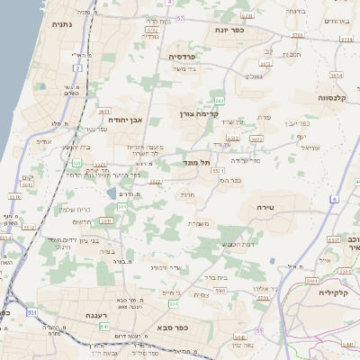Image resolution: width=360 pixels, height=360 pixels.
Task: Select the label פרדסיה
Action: (x=188, y=56)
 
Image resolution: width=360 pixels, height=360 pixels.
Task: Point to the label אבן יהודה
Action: (x=125, y=119)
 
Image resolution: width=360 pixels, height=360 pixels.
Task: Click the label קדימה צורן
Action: (x=196, y=113)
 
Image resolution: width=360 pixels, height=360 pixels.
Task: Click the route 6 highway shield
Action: (x=332, y=198)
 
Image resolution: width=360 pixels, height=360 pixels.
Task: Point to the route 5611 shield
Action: (x=105, y=220)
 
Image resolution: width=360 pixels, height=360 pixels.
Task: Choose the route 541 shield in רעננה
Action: (x=103, y=327)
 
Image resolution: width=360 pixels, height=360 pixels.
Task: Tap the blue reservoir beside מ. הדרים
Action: (x=112, y=193)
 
